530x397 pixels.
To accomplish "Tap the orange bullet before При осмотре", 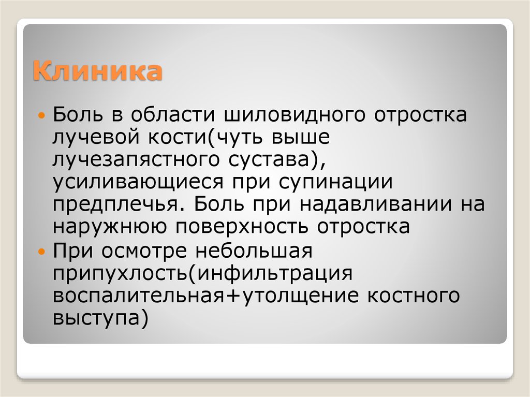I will pyautogui.click(x=43, y=250).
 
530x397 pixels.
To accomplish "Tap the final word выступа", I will pyautogui.click(x=96, y=318).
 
